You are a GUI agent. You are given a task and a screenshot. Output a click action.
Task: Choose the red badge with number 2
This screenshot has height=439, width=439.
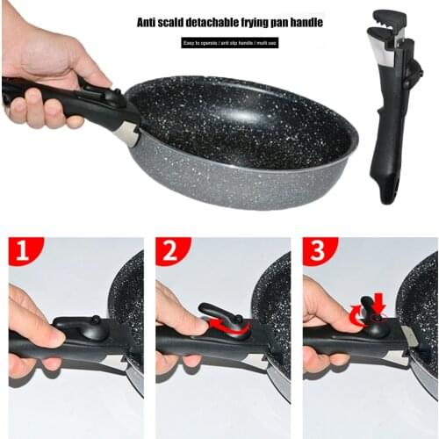pyautogui.click(x=170, y=251)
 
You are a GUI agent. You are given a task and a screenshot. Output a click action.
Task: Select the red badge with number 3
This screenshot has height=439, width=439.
pyautogui.click(x=316, y=251)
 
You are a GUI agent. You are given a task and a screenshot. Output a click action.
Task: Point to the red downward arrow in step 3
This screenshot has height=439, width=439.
pyautogui.click(x=379, y=304)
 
